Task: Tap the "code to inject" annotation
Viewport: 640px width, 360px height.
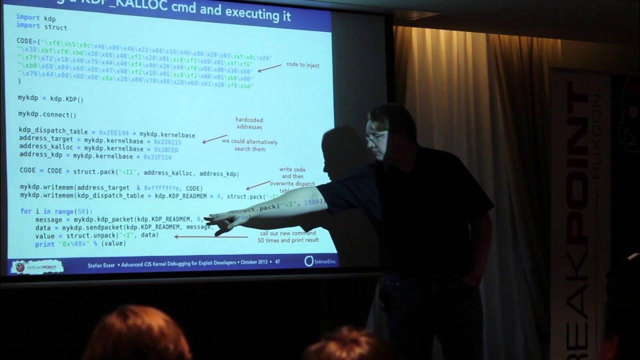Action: coord(302,65)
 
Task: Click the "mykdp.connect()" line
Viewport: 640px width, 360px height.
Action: coord(47,114)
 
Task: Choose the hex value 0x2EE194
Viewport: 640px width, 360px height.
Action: coord(113,132)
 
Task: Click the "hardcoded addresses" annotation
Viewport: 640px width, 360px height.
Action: coord(248,123)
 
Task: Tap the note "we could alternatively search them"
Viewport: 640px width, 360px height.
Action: coord(250,145)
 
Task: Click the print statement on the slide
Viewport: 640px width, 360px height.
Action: coord(80,244)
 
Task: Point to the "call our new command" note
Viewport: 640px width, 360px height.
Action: coord(287,233)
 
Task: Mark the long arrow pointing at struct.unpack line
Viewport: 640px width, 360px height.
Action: coord(210,236)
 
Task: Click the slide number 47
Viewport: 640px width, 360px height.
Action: coord(277,261)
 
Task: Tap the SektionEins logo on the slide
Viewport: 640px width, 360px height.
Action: coord(315,261)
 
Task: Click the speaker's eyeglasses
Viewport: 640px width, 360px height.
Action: coord(376,136)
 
